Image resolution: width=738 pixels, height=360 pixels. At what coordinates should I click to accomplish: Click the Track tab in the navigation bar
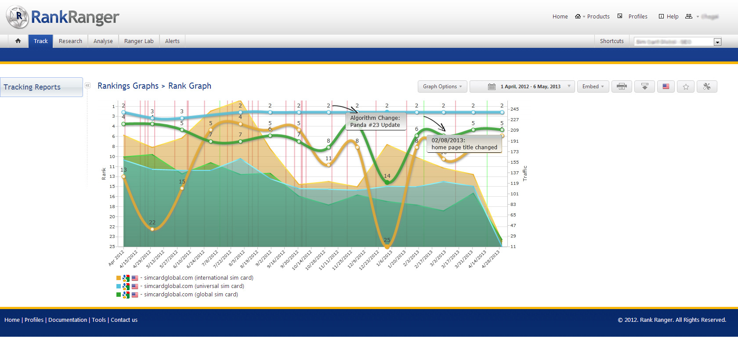point(40,41)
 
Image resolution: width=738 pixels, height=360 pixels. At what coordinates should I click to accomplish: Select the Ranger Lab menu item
point(139,41)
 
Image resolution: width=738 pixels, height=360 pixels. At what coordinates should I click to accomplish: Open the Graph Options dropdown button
point(442,86)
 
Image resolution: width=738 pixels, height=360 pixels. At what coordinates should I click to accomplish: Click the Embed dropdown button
point(593,86)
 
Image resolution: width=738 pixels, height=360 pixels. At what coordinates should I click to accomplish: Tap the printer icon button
point(621,86)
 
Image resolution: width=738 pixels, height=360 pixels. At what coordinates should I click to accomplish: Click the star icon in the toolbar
point(686,86)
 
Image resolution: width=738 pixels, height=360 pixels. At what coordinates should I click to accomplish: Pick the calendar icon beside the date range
point(492,86)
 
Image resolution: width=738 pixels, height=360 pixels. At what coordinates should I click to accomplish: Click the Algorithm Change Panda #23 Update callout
point(375,122)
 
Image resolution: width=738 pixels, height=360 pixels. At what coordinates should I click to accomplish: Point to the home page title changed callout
point(464,144)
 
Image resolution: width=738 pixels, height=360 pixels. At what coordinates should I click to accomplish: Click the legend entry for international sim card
point(199,278)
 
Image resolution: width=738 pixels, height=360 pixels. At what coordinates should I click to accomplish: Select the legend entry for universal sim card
point(194,286)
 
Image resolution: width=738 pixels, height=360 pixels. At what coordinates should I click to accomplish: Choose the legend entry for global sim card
point(191,295)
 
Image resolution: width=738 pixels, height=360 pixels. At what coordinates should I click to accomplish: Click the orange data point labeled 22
point(152,229)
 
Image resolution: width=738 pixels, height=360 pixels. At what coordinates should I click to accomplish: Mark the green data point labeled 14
point(387,182)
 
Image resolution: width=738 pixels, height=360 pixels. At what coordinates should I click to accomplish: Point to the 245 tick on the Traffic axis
point(514,109)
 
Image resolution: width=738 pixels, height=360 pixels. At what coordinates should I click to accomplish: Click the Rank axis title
point(104,174)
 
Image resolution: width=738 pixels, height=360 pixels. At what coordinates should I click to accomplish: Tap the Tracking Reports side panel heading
point(32,87)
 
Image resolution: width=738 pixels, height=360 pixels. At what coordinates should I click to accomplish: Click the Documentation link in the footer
point(68,320)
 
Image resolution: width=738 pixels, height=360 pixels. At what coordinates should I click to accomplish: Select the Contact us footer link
point(124,320)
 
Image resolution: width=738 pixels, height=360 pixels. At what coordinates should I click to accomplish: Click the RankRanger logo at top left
point(62,17)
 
